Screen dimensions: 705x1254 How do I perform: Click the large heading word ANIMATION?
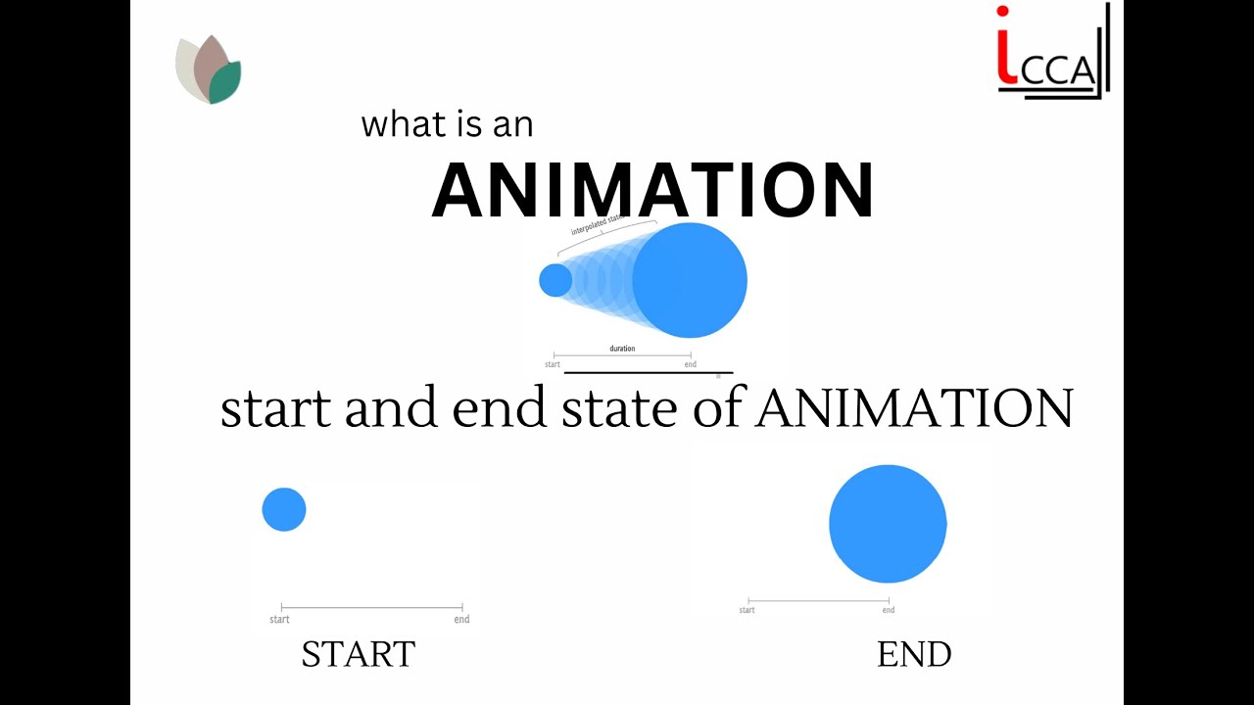pos(652,191)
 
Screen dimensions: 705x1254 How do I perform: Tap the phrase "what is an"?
pos(447,124)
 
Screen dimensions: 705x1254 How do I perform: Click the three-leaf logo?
pos(209,70)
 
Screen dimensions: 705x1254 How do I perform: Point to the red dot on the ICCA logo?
pos(1002,12)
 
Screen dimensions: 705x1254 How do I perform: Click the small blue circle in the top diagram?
pos(555,281)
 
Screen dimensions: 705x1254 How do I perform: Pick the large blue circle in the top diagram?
pos(690,280)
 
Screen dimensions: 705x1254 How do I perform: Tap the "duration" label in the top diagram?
pos(622,349)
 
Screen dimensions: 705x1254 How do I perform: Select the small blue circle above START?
pos(284,510)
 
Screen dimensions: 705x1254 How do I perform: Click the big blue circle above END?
pos(888,524)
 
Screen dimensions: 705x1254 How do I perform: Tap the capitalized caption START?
pos(359,654)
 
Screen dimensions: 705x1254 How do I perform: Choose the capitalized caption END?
pos(914,655)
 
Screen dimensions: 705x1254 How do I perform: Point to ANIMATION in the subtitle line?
pos(915,408)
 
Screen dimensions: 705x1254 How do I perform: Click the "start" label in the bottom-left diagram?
pos(279,619)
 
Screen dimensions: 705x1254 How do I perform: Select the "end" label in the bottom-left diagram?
pos(461,619)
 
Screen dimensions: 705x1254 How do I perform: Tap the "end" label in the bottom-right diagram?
pos(889,610)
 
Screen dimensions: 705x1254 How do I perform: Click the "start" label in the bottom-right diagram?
pos(747,610)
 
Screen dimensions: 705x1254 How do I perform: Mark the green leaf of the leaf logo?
pos(225,83)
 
